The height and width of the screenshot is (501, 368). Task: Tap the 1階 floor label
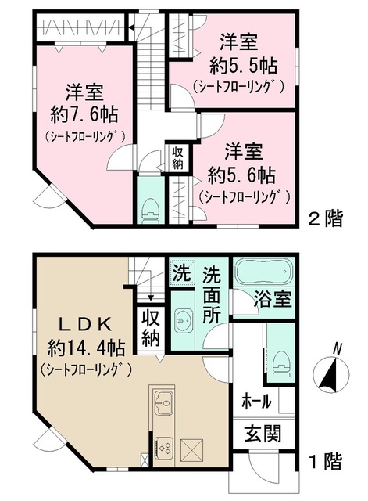[327, 463]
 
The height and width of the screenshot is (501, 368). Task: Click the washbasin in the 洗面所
[184, 321]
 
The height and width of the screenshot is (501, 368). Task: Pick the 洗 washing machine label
[180, 276]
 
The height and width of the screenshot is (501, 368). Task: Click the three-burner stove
[165, 448]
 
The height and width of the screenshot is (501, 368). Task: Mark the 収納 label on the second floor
[177, 157]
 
